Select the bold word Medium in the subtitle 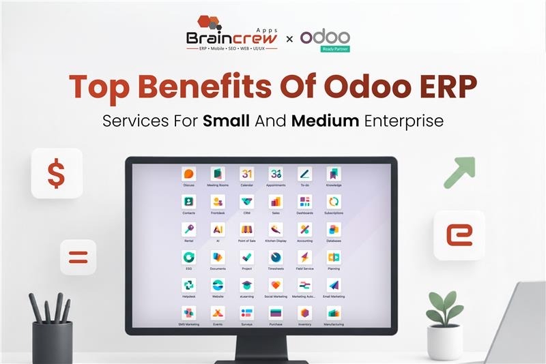[x=326, y=121]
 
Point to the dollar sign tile [x=57, y=173]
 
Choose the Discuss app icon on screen [x=189, y=174]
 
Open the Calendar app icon [x=246, y=174]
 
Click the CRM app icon [x=246, y=202]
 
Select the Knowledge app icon [x=334, y=174]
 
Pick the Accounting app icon [x=304, y=230]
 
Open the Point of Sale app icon [x=246, y=230]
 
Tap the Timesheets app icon [x=276, y=258]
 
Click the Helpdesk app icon [x=189, y=286]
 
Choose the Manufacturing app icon [x=334, y=314]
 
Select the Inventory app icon [x=304, y=314]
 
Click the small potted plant [x=444, y=327]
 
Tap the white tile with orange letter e [x=459, y=235]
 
